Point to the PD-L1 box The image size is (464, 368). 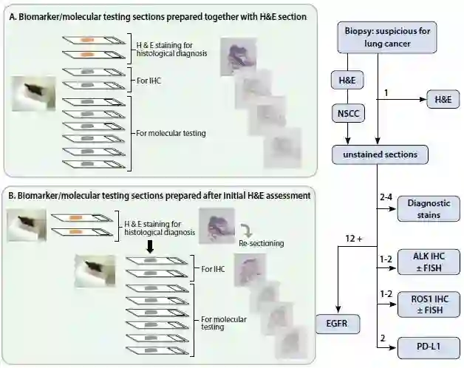429,346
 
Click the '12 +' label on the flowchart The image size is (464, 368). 352,239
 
